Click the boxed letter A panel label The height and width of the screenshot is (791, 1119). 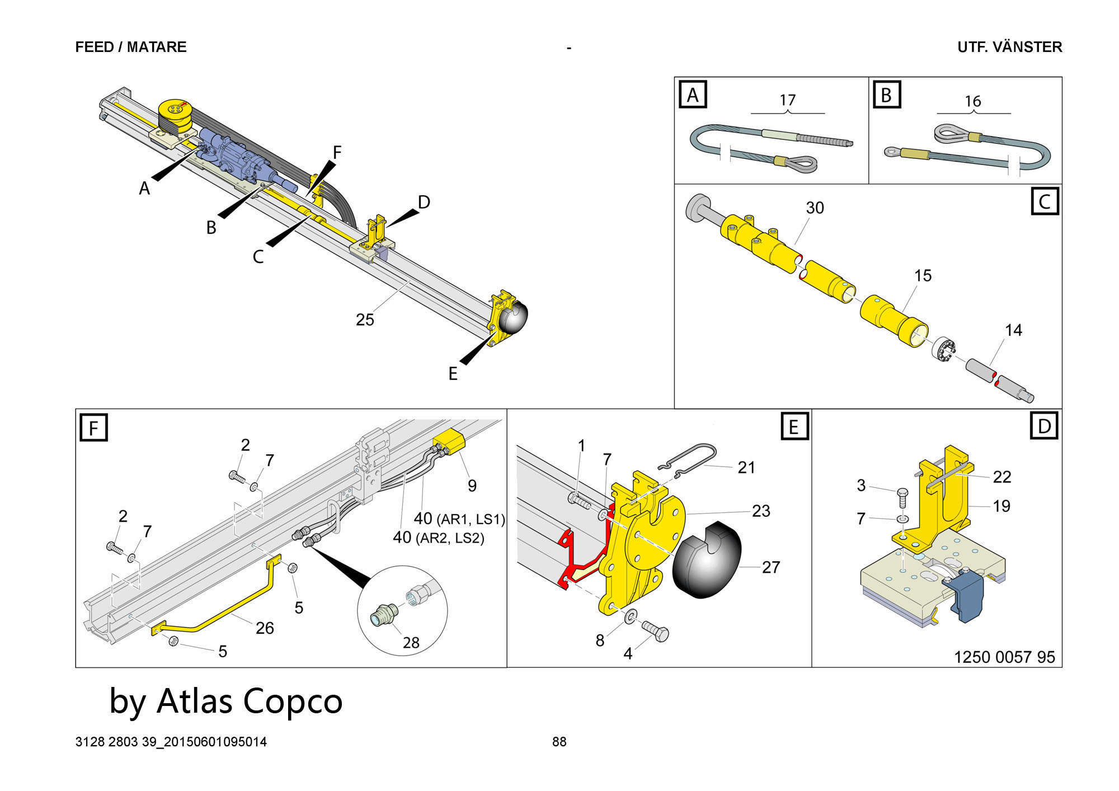(693, 95)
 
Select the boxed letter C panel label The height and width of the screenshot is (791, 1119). (1045, 201)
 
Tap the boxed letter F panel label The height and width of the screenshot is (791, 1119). (93, 428)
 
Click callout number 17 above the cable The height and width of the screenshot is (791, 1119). (787, 100)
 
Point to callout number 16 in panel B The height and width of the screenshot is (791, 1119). (973, 101)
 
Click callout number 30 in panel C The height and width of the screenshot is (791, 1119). (815, 208)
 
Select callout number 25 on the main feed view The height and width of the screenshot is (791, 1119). (365, 319)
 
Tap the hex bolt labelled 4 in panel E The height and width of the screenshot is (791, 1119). (656, 632)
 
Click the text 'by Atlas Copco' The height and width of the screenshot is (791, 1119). (225, 701)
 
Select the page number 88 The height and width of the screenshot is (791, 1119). (559, 742)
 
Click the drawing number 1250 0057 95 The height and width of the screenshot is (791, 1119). (1004, 657)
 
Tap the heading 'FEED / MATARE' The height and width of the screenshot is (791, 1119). (131, 47)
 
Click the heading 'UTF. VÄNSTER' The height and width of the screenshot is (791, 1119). (1009, 47)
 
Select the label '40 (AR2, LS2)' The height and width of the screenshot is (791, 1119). (438, 538)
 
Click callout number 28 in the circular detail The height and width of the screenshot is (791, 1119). (411, 643)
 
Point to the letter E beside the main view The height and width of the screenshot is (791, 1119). (453, 374)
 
